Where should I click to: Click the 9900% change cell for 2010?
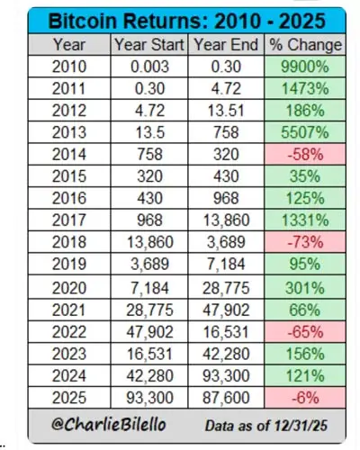coord(302,66)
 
